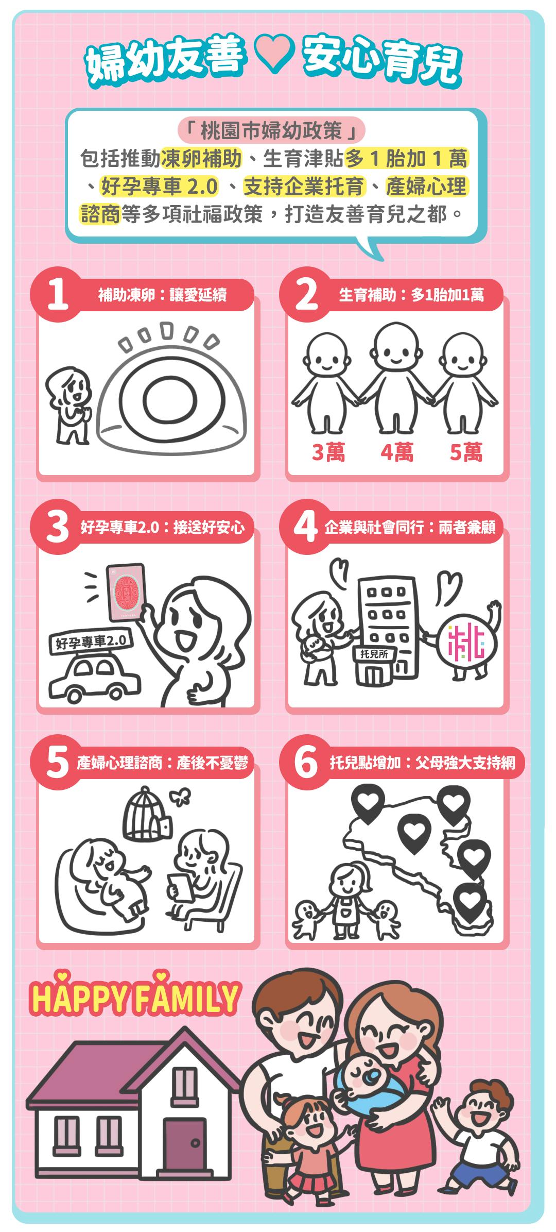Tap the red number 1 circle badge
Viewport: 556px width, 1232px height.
(x=57, y=294)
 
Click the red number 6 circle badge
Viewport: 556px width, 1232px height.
(x=305, y=762)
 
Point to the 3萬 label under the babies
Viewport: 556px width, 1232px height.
(x=328, y=452)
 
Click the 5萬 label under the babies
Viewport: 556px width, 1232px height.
(x=466, y=452)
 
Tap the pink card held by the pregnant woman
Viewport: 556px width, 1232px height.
(x=126, y=592)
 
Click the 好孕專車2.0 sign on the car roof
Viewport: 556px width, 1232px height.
(x=91, y=642)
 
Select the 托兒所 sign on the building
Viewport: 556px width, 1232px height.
(x=374, y=654)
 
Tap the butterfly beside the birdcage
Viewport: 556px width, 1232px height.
(x=181, y=797)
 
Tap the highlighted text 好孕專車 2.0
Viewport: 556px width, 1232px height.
(x=159, y=186)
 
